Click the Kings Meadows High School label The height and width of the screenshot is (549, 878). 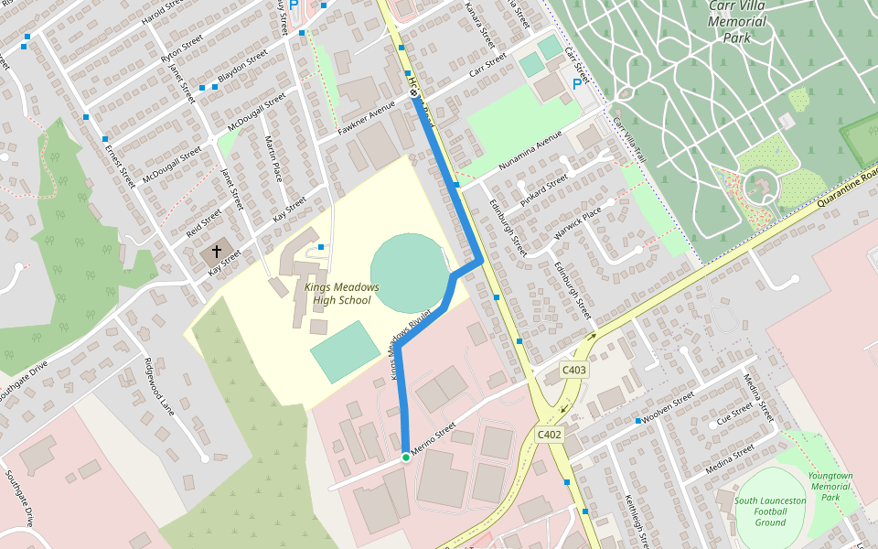pyautogui.click(x=341, y=293)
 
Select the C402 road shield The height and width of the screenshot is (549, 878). pyautogui.click(x=550, y=435)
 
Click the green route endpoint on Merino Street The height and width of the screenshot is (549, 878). pyautogui.click(x=405, y=457)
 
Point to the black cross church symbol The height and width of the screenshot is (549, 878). pyautogui.click(x=217, y=250)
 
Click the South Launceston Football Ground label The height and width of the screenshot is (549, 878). pyautogui.click(x=770, y=511)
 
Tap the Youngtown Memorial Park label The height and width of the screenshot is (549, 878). pyautogui.click(x=830, y=487)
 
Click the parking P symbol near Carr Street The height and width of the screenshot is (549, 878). pyautogui.click(x=576, y=84)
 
